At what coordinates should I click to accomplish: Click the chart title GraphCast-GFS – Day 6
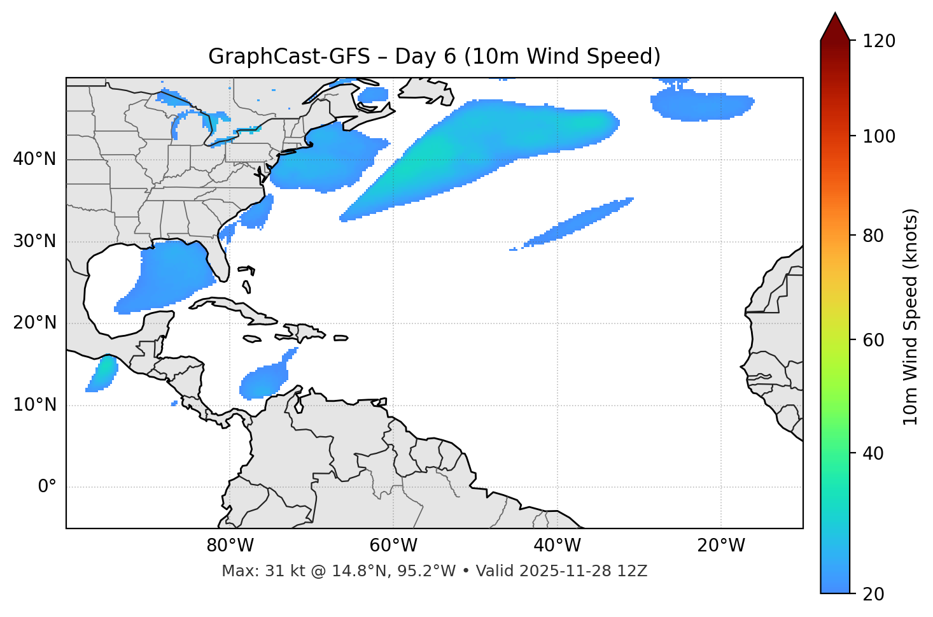(434, 57)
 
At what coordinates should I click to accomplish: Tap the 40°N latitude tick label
(34, 159)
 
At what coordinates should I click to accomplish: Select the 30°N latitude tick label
(34, 241)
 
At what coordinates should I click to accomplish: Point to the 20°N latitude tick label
(34, 323)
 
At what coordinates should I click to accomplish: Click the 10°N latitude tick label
(34, 405)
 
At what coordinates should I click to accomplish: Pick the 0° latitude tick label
(47, 487)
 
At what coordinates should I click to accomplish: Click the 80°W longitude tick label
(230, 546)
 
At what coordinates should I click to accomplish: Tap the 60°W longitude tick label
(393, 546)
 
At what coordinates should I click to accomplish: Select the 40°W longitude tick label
(557, 546)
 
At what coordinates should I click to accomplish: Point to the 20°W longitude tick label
(721, 546)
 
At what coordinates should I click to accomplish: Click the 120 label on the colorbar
(879, 41)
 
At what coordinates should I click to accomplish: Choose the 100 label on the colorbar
(879, 136)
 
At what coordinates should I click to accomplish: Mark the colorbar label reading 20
(873, 593)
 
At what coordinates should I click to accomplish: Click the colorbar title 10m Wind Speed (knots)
(911, 316)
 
